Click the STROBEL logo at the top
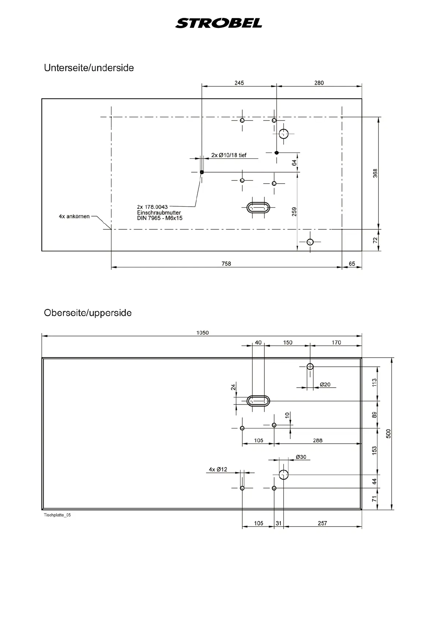pyautogui.click(x=219, y=23)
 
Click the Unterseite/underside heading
pyautogui.click(x=89, y=68)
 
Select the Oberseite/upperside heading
pyautogui.click(x=87, y=313)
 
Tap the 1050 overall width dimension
pyautogui.click(x=202, y=333)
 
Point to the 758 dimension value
pyautogui.click(x=226, y=263)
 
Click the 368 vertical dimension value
pyautogui.click(x=375, y=173)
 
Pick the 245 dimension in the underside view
pyautogui.click(x=239, y=83)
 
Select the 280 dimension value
pyautogui.click(x=319, y=83)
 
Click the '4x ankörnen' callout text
pyautogui.click(x=74, y=217)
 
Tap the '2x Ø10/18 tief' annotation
pyautogui.click(x=229, y=155)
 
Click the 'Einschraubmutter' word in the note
pyautogui.click(x=159, y=213)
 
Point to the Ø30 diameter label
pyautogui.click(x=301, y=457)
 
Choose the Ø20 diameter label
pyautogui.click(x=325, y=384)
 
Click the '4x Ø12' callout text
pyautogui.click(x=218, y=469)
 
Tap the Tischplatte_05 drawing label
pyautogui.click(x=57, y=515)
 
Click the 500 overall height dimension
pyautogui.click(x=389, y=433)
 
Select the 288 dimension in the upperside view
pyautogui.click(x=317, y=440)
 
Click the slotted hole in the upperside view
pyautogui.click(x=258, y=401)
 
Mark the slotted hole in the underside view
pyautogui.click(x=258, y=208)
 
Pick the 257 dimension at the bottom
pyautogui.click(x=322, y=523)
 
